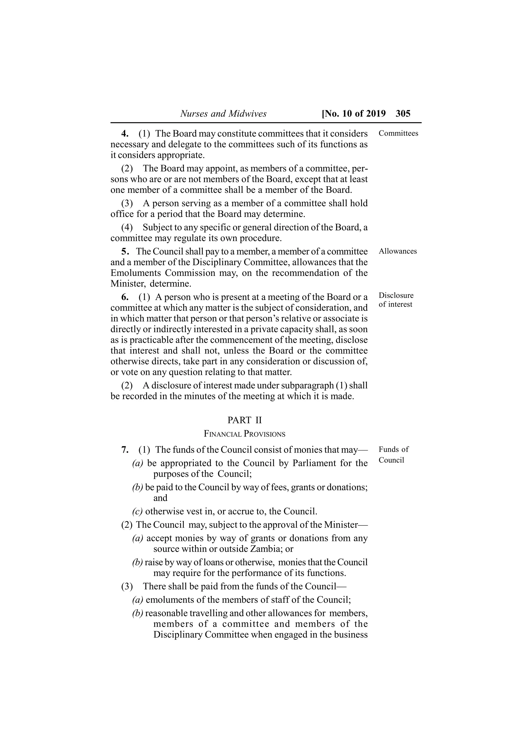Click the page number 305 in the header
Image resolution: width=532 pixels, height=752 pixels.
click(x=403, y=114)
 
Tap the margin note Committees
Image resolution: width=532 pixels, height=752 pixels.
click(x=398, y=133)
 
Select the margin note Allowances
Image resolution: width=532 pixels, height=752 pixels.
click(x=398, y=251)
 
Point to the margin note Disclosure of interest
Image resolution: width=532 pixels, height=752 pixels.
click(x=396, y=300)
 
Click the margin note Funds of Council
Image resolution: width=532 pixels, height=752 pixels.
click(x=393, y=455)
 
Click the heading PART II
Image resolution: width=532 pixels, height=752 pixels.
click(x=244, y=420)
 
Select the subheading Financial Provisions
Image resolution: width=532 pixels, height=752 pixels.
click(x=244, y=434)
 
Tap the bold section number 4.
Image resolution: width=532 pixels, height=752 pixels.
click(x=125, y=134)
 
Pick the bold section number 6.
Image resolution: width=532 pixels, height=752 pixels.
click(x=125, y=297)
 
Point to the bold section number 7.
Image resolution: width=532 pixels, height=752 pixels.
click(x=125, y=450)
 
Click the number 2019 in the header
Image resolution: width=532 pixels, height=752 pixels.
click(x=376, y=114)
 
